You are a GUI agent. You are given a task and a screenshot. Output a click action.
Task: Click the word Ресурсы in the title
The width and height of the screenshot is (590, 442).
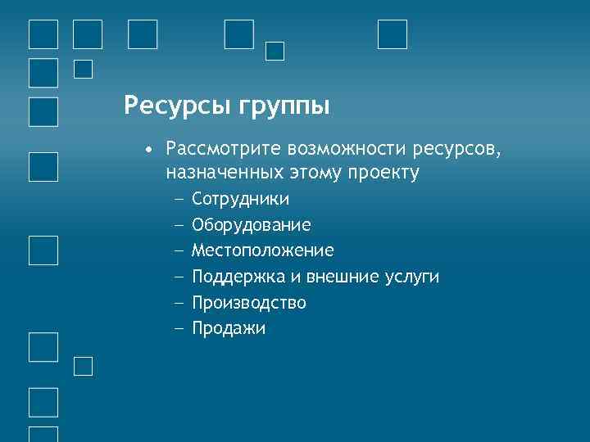pos(175,106)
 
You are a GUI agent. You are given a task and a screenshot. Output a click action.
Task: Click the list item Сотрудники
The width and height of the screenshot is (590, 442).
pos(240,199)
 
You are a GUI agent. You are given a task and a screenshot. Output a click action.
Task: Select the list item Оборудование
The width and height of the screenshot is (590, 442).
pos(251,225)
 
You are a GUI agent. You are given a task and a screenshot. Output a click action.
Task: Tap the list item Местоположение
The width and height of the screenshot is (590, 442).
pos(262,250)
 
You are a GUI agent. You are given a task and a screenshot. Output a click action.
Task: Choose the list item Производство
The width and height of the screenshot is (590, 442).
pos(248,303)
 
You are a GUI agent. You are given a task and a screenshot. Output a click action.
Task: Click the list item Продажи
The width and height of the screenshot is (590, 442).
pos(229,329)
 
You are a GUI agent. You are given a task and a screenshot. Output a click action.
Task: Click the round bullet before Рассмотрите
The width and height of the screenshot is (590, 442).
pos(147,150)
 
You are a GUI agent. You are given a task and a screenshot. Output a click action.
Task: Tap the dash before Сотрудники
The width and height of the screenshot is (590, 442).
pos(179,199)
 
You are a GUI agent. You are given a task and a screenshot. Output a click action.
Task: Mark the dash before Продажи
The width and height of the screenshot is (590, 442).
pos(179,329)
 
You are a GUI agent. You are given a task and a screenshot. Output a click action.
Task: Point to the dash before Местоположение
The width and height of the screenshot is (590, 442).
pos(179,250)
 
